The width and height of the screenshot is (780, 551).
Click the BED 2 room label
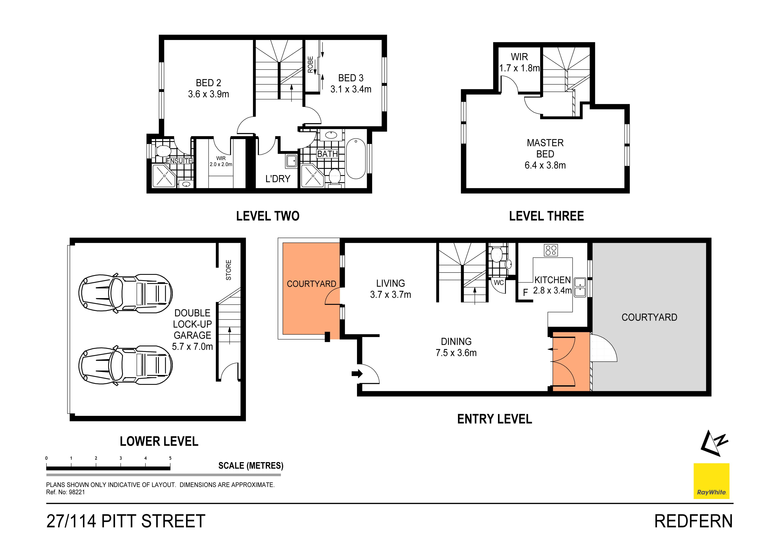(208, 83)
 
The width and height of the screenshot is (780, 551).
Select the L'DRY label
(278, 179)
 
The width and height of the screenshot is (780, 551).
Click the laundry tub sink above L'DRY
(291, 161)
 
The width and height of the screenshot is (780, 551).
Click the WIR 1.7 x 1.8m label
(519, 62)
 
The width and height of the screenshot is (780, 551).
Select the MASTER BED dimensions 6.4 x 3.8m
(545, 165)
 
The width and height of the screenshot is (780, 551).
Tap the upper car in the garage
(125, 294)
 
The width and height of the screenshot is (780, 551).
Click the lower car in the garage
(125, 365)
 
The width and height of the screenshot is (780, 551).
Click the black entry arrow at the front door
(357, 374)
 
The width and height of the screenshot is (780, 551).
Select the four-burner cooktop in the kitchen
(551, 250)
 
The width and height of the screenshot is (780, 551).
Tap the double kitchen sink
(580, 287)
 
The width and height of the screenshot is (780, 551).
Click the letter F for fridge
(525, 292)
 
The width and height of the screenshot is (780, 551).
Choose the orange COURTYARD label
(311, 284)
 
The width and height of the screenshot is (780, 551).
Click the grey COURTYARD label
(649, 317)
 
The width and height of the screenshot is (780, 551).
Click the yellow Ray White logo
(711, 481)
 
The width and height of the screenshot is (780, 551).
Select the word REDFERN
(693, 521)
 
